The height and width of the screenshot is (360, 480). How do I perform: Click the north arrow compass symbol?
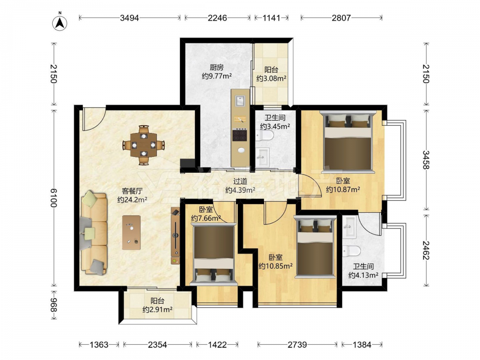(x=60, y=23)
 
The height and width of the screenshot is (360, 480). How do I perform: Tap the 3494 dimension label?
(x=130, y=18)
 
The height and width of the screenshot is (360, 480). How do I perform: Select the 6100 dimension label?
(x=54, y=198)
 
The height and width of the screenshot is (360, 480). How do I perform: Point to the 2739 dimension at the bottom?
(x=297, y=345)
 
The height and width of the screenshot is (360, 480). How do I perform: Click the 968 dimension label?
(x=54, y=305)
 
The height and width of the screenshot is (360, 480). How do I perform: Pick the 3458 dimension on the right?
(x=426, y=159)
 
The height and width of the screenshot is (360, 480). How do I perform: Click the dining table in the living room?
(x=144, y=145)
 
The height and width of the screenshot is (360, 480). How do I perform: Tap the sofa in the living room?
(x=94, y=233)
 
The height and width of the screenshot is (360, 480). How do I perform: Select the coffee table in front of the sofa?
(x=132, y=233)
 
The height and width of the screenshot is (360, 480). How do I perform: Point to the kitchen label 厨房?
(x=216, y=67)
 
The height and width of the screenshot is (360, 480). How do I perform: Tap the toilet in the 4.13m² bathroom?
(x=351, y=251)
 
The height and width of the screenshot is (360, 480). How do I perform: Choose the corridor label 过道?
(x=240, y=181)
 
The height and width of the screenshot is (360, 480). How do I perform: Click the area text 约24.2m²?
(x=132, y=200)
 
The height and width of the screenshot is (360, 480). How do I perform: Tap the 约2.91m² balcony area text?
(x=157, y=310)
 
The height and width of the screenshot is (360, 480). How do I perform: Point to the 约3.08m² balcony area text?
(x=272, y=78)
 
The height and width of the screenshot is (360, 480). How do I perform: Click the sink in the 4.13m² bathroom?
(x=349, y=228)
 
